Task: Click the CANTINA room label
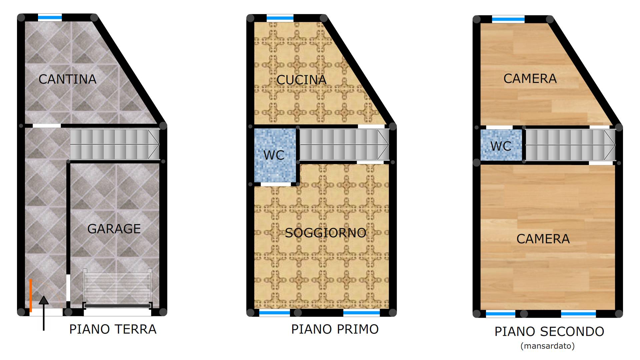[67, 79]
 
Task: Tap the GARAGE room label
[114, 229]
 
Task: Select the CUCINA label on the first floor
[301, 80]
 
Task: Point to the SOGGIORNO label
[326, 233]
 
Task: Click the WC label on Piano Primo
[274, 155]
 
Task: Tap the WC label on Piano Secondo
[501, 146]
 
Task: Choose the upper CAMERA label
[530, 79]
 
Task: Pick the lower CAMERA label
[543, 239]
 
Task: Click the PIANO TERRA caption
[113, 329]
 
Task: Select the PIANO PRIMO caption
[335, 329]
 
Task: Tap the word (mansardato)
[548, 346]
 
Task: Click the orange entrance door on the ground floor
[31, 296]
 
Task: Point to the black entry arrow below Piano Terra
[44, 313]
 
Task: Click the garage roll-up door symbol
[117, 289]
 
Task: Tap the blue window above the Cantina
[50, 18]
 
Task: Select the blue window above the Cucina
[280, 18]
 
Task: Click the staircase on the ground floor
[114, 145]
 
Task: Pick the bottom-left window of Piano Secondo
[501, 314]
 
